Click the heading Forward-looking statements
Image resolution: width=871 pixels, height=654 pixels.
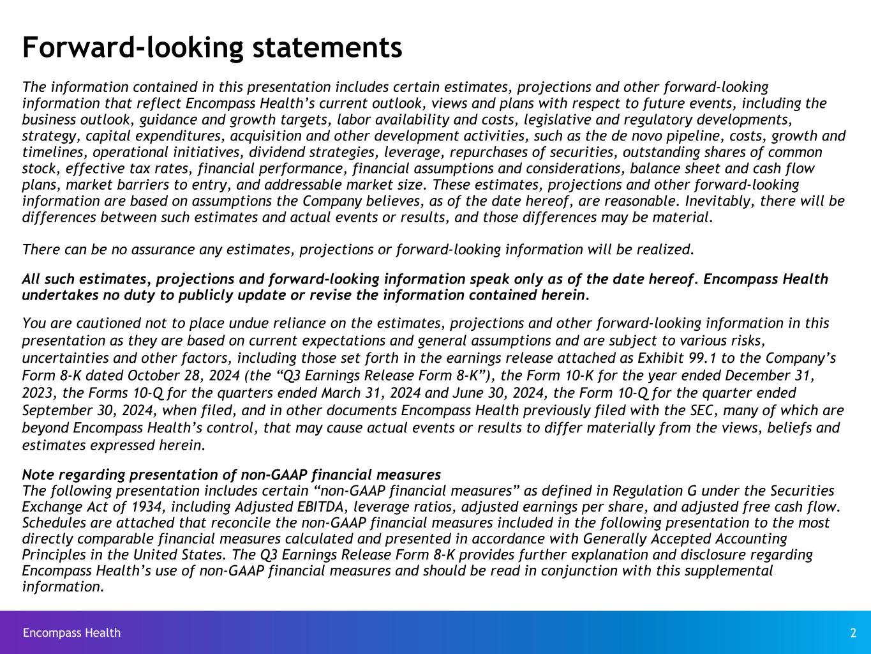pos(212,47)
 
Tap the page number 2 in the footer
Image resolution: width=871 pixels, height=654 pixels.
pos(853,633)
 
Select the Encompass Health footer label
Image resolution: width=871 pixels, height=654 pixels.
pos(71,633)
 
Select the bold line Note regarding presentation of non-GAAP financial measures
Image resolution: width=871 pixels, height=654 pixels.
pos(231,475)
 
